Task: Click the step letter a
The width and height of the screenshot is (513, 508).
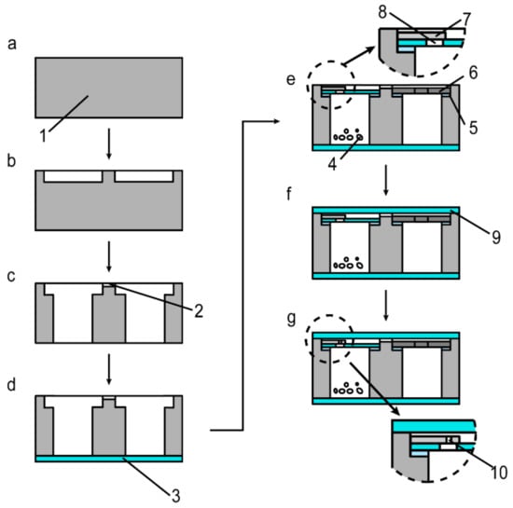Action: [x=12, y=44]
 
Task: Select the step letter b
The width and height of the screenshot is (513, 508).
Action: [x=12, y=160]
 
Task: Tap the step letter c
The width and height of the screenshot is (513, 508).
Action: [x=11, y=276]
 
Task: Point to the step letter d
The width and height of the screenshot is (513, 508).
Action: [x=11, y=384]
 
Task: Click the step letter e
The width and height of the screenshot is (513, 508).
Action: [x=291, y=79]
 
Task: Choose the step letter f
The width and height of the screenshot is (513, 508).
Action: [x=289, y=194]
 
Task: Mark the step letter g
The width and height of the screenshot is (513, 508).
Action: [x=291, y=319]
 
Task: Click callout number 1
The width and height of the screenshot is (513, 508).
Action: [x=44, y=136]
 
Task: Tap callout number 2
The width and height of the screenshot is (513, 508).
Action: [x=199, y=311]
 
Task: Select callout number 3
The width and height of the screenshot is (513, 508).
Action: [x=176, y=496]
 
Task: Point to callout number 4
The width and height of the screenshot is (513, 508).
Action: [x=332, y=164]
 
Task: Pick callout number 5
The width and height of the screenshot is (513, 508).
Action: [x=474, y=128]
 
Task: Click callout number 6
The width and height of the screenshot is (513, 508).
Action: [x=474, y=73]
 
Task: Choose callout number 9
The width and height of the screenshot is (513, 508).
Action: [x=496, y=238]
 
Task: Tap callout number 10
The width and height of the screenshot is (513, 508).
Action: [x=500, y=473]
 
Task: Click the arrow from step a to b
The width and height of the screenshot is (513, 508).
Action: [x=109, y=144]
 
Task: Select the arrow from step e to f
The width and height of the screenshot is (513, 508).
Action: [x=386, y=180]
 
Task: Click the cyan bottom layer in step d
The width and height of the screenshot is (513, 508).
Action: [x=109, y=459]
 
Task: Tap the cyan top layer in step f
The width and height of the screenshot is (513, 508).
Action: [x=386, y=211]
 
